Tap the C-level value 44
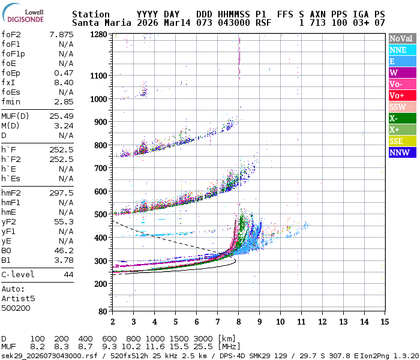[x=68, y=274]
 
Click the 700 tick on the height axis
[x=102, y=168]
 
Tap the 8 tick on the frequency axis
[x=238, y=322]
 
